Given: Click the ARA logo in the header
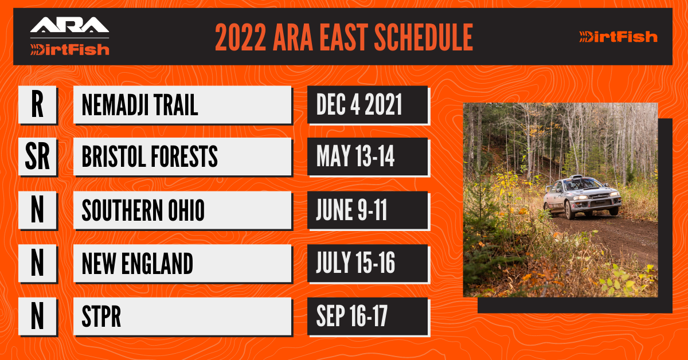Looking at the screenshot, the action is click(x=69, y=25).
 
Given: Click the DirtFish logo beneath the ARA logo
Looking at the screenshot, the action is click(x=70, y=50).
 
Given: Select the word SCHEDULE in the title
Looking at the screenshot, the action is click(x=424, y=37).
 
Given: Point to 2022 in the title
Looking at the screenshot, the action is click(x=240, y=37).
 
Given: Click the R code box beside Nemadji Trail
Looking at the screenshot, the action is click(x=37, y=105).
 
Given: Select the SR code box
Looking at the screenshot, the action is click(x=37, y=156).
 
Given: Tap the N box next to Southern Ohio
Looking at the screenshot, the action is click(x=37, y=210).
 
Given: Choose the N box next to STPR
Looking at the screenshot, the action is click(x=37, y=316).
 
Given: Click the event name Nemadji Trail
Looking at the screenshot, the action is click(x=140, y=105).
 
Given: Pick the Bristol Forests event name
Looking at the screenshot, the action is click(x=150, y=156).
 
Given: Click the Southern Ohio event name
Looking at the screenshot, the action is click(x=143, y=210).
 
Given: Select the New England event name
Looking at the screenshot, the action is click(x=137, y=264).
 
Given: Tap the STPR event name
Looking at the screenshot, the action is click(x=101, y=316).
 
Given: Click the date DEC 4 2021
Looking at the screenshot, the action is click(x=359, y=105).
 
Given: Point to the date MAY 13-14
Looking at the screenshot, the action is click(x=355, y=156).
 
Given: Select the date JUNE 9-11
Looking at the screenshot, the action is click(x=351, y=210).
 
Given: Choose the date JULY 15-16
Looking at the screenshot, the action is click(x=355, y=263).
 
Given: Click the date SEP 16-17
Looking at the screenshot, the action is click(x=352, y=316).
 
